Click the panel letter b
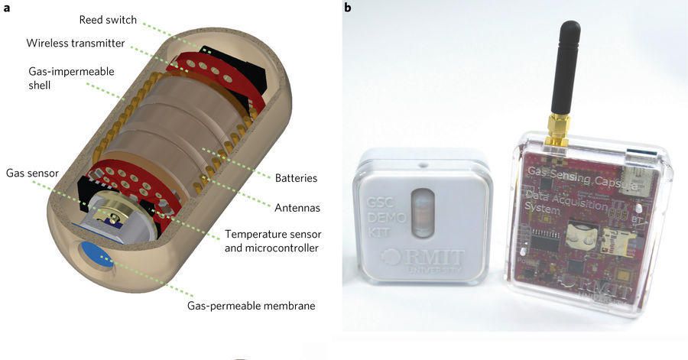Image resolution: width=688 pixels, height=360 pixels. coord(348,8)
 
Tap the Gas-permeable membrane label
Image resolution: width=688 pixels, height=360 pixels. coord(251,306)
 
